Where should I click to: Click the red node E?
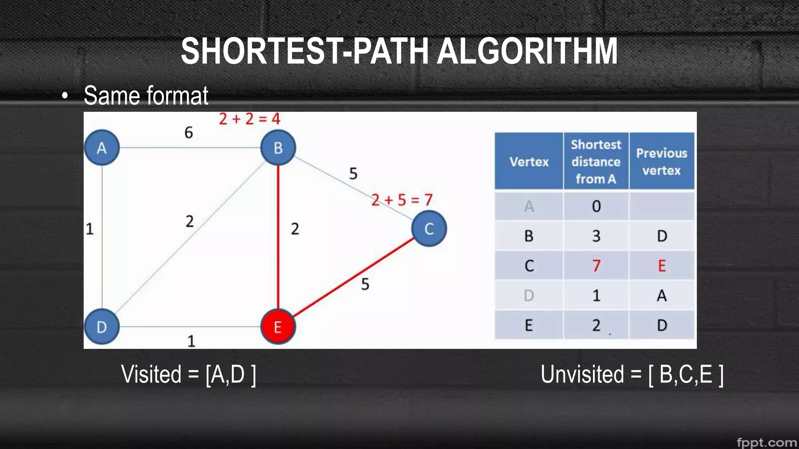[278, 327]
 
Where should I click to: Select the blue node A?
[102, 148]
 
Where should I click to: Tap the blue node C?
[429, 229]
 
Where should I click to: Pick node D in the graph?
[102, 327]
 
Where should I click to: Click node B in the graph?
[278, 148]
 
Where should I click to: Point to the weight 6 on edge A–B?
[188, 133]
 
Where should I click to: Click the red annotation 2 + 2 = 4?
[250, 119]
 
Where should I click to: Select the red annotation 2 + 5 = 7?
[402, 200]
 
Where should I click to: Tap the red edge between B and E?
[278, 234]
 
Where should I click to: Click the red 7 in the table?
[596, 266]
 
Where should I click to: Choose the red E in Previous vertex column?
[662, 266]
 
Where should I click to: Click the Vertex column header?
[529, 161]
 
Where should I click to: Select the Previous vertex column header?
[662, 161]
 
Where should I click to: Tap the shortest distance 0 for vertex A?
[596, 206]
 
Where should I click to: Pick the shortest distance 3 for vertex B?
[596, 236]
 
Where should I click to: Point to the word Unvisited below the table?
[582, 374]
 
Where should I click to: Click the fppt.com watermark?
[767, 442]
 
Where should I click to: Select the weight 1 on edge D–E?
[191, 341]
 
